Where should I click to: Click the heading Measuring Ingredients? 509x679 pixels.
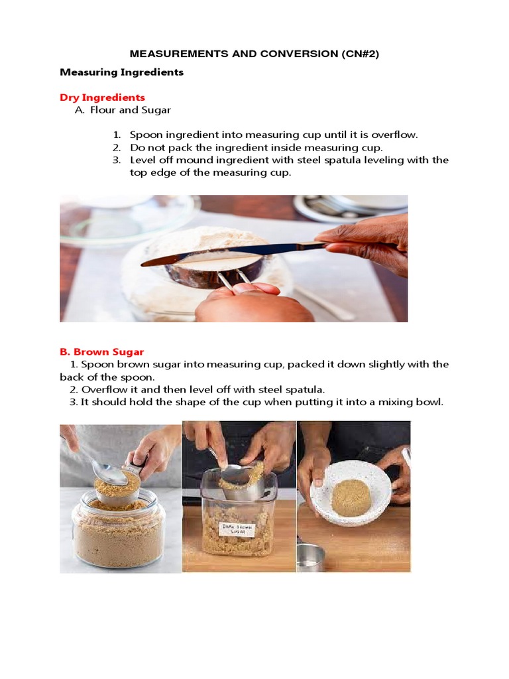121,72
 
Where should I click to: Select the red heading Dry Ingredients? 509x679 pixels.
102,97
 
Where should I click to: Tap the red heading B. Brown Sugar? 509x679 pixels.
102,351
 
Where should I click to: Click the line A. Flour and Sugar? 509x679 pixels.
123,110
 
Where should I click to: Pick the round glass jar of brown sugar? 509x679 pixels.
117,530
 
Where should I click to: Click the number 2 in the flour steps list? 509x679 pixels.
116,147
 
